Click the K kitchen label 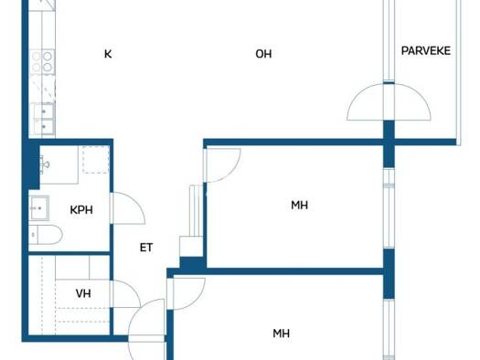point(108,54)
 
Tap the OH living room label point(263,54)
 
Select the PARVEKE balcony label point(426,51)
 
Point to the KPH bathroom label point(81,210)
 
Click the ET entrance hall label point(146,248)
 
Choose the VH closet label point(83,293)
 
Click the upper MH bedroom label point(299,206)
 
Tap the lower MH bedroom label point(281,334)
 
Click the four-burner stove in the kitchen point(42,61)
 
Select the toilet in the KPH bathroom point(46,235)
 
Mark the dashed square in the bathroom point(96,160)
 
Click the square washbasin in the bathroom point(39,208)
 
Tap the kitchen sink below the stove point(44,119)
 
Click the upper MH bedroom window point(389,208)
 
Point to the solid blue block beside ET point(192,263)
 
